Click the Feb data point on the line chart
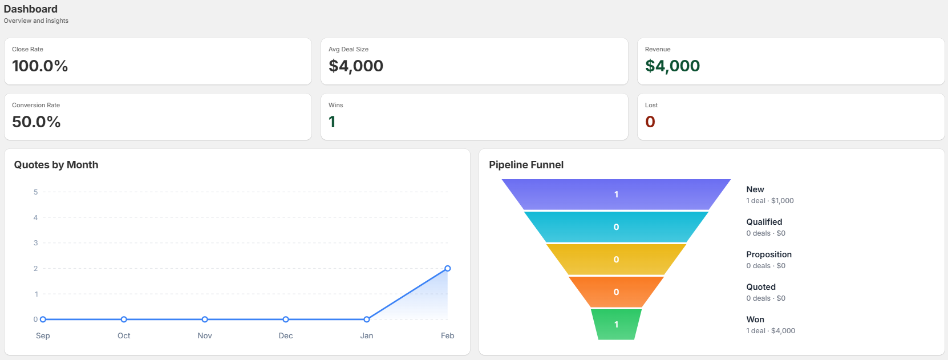point(448,268)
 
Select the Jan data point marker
point(367,319)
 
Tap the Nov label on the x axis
point(205,335)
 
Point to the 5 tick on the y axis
point(35,192)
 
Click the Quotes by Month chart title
point(56,165)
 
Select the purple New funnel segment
point(616,195)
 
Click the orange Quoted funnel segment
point(616,292)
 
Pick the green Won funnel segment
point(616,324)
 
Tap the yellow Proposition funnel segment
point(616,259)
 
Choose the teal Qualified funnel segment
point(616,226)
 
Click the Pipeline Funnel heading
point(526,165)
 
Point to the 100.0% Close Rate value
point(40,66)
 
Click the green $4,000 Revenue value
point(672,66)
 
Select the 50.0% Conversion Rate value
point(37,122)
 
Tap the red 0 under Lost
point(650,122)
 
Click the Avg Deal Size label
point(349,49)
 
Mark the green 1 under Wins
point(332,122)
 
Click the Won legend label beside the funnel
point(755,319)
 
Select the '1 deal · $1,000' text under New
point(770,201)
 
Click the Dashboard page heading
point(31,9)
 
